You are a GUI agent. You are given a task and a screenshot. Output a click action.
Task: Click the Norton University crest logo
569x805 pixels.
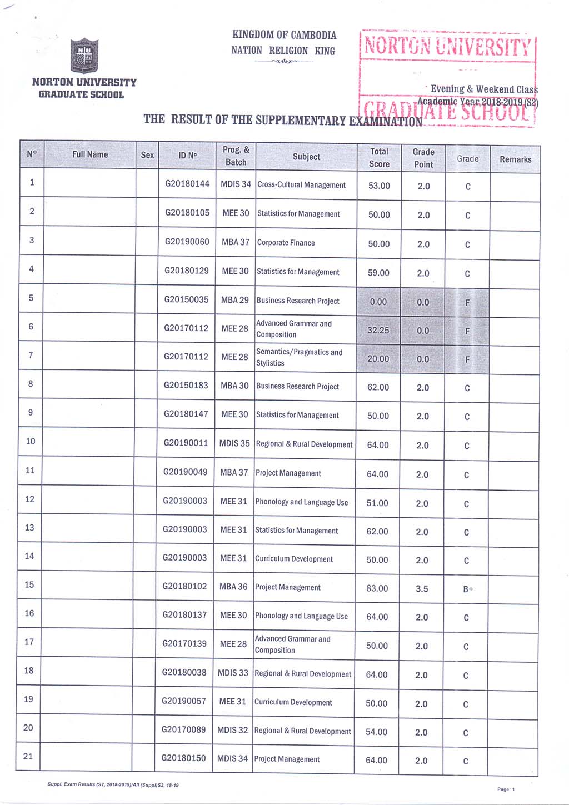click(x=84, y=56)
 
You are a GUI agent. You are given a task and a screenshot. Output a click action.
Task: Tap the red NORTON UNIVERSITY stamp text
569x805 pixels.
click(x=447, y=47)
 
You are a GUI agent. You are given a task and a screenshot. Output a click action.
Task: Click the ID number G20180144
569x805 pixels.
click(x=187, y=184)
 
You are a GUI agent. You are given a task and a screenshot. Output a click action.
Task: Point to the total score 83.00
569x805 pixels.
click(x=377, y=588)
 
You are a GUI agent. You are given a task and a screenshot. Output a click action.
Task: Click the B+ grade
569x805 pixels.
click(x=468, y=589)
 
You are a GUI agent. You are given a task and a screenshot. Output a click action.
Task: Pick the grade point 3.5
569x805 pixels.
click(x=422, y=588)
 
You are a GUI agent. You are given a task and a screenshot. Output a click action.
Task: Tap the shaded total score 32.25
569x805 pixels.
click(x=378, y=330)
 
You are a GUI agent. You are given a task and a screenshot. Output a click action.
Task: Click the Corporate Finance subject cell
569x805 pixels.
click(x=286, y=243)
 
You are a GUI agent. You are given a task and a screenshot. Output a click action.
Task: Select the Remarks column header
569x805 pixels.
click(x=515, y=159)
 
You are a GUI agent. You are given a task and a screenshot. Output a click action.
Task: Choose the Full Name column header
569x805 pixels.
click(x=90, y=154)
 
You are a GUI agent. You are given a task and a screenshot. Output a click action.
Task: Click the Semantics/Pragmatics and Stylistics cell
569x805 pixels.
click(x=299, y=357)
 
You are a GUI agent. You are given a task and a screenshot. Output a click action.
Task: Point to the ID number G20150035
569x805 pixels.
click(x=186, y=299)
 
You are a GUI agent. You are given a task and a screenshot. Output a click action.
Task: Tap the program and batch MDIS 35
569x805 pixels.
click(x=234, y=443)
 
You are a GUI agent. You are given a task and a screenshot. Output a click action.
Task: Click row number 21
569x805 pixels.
click(x=28, y=756)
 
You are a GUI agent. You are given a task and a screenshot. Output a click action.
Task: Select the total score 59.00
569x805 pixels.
click(x=378, y=273)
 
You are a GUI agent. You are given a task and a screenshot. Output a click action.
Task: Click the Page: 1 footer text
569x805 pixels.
click(x=506, y=789)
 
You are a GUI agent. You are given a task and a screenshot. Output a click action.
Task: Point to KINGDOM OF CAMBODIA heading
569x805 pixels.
click(x=284, y=35)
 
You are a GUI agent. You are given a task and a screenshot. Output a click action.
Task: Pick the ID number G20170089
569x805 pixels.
click(x=184, y=729)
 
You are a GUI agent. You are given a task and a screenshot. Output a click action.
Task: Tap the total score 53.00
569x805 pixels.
click(x=379, y=186)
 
